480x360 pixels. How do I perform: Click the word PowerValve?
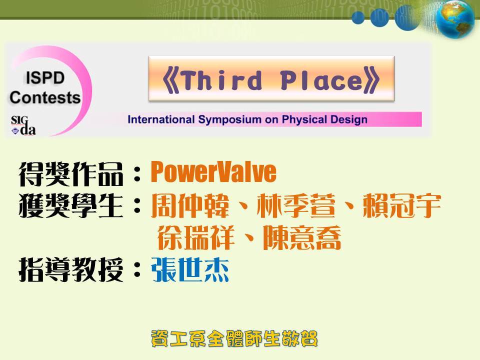213,172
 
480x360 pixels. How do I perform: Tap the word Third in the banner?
221,80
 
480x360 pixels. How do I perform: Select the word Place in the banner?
321,80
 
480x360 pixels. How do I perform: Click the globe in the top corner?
454,19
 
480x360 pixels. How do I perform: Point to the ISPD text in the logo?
45,78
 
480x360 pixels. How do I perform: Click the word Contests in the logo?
45,97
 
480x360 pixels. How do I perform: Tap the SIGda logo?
23,125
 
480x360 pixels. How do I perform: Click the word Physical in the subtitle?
301,119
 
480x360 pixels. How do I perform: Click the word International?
161,119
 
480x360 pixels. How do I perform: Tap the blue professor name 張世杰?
190,269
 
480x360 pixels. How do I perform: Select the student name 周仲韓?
190,205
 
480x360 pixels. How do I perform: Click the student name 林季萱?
295,205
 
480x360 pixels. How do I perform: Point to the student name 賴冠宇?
401,205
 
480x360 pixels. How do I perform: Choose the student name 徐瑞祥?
196,237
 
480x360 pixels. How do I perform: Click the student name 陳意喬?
302,237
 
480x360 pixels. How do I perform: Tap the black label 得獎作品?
70,174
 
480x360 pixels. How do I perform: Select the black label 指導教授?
70,269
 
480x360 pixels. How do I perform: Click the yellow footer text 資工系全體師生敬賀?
234,338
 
